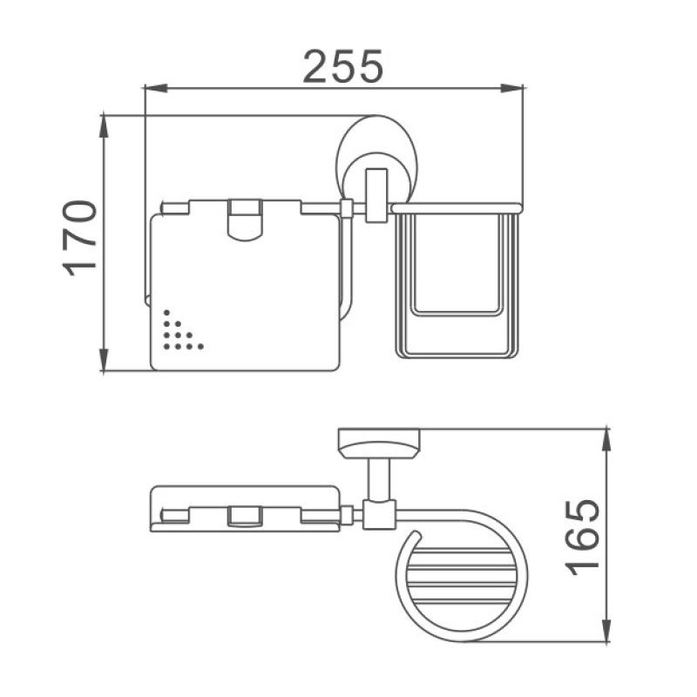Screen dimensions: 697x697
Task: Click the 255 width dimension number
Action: pos(342,66)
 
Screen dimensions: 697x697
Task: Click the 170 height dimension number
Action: pos(81,238)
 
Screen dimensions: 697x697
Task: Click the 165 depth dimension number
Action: pos(581,536)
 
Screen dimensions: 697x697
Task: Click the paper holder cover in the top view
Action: pos(245,507)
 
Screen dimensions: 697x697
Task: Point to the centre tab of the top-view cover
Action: pos(244,518)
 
